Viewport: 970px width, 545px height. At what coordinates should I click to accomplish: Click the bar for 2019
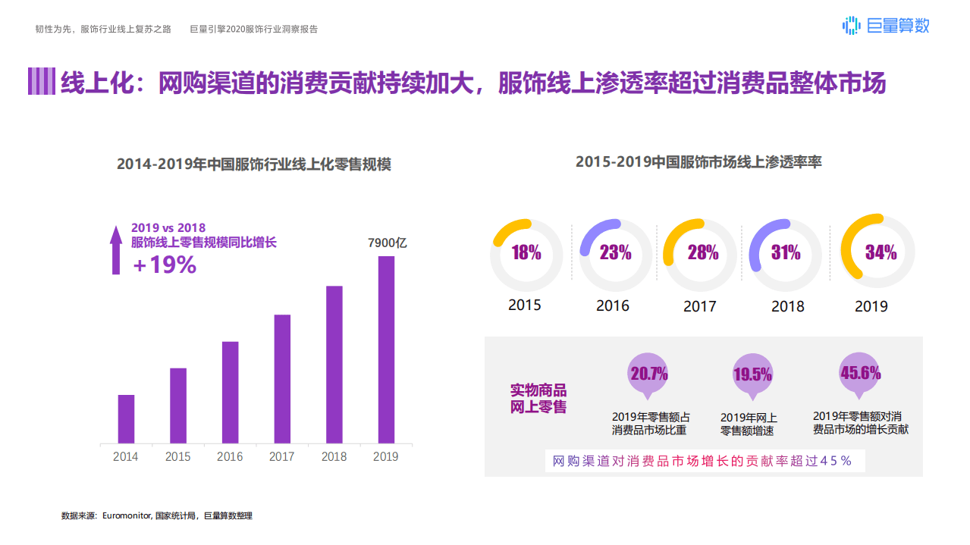point(386,349)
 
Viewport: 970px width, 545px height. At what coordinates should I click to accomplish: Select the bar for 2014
point(126,418)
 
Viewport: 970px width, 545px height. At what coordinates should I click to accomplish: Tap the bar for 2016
point(230,392)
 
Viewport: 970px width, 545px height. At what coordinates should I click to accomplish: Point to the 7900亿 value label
point(388,243)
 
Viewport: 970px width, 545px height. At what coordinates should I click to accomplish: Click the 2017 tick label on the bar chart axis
point(281,456)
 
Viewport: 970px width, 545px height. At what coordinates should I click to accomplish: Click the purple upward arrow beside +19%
point(116,250)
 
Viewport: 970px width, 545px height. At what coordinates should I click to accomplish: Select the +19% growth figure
point(165,265)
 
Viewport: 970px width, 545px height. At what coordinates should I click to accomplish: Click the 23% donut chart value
point(615,252)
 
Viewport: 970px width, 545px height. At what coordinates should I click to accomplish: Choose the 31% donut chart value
point(786,252)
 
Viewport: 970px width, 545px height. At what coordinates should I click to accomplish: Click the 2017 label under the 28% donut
point(699,307)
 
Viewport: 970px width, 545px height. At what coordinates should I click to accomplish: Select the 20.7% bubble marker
point(648,374)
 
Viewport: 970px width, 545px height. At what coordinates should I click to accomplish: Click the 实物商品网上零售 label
point(538,399)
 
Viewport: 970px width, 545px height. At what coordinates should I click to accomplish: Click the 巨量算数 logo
point(886,26)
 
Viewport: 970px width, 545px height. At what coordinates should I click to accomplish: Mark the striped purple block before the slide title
point(42,82)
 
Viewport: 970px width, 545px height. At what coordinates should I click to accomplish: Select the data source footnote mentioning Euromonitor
point(157,515)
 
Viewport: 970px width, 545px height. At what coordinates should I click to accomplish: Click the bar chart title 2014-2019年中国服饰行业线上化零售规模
point(254,164)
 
